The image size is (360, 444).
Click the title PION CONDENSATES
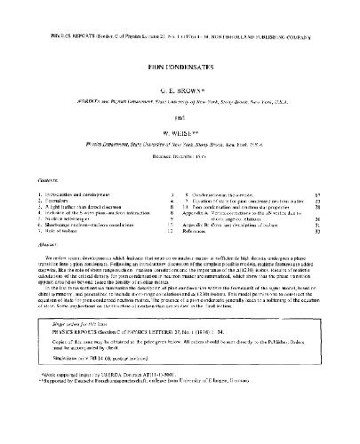[180, 67]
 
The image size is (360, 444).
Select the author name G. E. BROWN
[180, 90]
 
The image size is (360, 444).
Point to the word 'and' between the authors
[180, 111]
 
